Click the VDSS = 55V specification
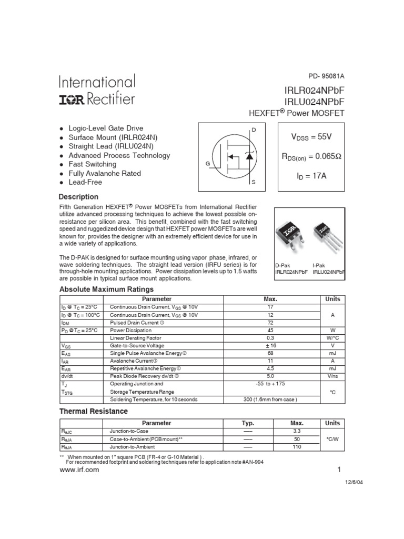coord(311,137)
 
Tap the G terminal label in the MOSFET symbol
coord(208,164)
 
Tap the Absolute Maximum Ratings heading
coord(106,289)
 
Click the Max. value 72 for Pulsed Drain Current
coord(270,322)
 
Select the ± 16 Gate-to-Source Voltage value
coord(270,345)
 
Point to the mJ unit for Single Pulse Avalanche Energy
coord(332,353)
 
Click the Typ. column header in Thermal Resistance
coord(248,423)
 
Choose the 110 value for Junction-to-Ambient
coord(297,446)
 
